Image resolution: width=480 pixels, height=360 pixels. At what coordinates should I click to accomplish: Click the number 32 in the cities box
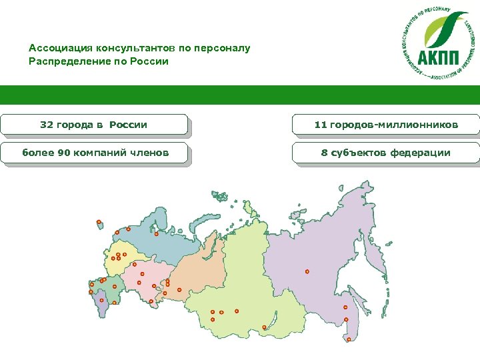pyautogui.click(x=47, y=125)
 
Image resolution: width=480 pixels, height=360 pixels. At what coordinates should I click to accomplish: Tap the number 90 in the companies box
pyautogui.click(x=64, y=153)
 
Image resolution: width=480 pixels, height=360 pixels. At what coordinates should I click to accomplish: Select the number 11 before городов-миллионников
pyautogui.click(x=321, y=125)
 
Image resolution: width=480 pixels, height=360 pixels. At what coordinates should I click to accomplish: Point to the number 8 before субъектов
pyautogui.click(x=324, y=153)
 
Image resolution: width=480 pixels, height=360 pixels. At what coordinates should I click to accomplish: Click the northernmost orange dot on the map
pyautogui.click(x=99, y=221)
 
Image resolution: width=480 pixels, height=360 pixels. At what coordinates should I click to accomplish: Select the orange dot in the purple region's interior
pyautogui.click(x=307, y=271)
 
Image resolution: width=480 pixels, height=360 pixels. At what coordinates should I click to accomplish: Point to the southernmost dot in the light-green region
pyautogui.click(x=264, y=327)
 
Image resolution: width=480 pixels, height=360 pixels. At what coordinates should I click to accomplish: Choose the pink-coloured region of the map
pyautogui.click(x=150, y=277)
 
